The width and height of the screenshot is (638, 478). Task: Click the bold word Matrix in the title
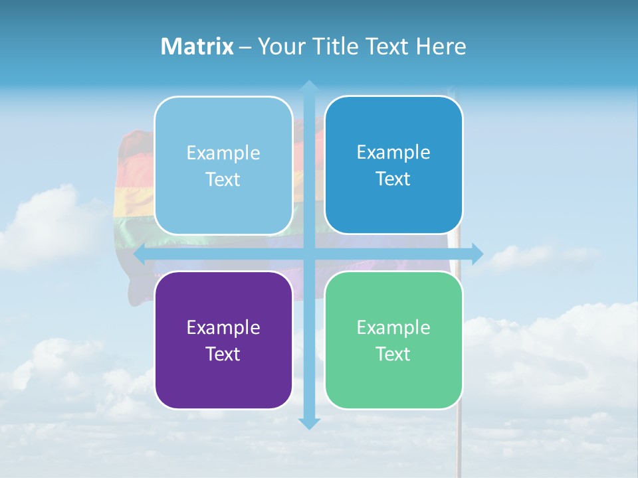pos(197,46)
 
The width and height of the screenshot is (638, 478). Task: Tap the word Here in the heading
pos(441,46)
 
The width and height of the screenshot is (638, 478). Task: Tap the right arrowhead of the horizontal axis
pos(477,254)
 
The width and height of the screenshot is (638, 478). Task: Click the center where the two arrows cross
pos(308,254)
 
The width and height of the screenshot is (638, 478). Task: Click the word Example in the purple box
pos(223,327)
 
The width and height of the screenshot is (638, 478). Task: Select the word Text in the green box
pos(393,354)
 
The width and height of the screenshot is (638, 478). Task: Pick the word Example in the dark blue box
pos(393,152)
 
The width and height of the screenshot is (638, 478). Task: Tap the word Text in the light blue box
pos(223,179)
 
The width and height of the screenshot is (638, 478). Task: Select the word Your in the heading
pos(279,46)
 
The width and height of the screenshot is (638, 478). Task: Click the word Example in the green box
pos(393,327)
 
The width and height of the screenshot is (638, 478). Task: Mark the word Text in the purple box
pos(223,354)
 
